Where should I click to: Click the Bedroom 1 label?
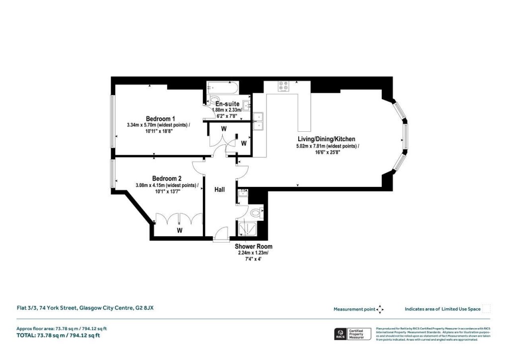click(x=160, y=118)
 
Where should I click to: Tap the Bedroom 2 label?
click(x=167, y=179)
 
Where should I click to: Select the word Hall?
click(x=220, y=189)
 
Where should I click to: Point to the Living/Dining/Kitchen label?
click(x=326, y=139)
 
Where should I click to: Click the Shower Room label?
click(x=254, y=246)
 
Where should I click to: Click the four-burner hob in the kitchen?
click(x=284, y=86)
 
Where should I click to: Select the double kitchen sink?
click(x=258, y=122)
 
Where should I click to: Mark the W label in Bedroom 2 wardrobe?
click(x=179, y=231)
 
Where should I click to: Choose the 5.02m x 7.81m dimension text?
click(x=326, y=146)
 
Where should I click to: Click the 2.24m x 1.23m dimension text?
click(x=254, y=253)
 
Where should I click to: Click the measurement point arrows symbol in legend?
click(x=380, y=309)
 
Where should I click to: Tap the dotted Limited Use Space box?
click(x=487, y=309)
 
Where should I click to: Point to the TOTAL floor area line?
click(x=59, y=336)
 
